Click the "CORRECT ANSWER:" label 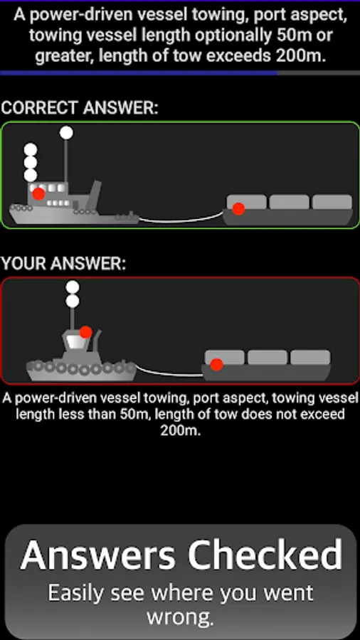[x=79, y=108]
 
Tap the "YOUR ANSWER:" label [x=63, y=263]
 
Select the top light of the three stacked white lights [x=31, y=150]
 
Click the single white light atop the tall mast [x=66, y=133]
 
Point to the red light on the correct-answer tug [x=39, y=194]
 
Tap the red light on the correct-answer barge [x=238, y=209]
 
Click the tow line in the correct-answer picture [x=181, y=219]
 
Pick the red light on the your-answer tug [x=85, y=332]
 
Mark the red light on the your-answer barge [x=217, y=365]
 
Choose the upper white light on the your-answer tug [x=73, y=287]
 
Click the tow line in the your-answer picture [x=169, y=372]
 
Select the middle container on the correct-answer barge [x=290, y=202]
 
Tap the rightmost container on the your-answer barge [x=311, y=357]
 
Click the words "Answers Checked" [x=181, y=555]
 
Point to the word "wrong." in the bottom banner [x=181, y=618]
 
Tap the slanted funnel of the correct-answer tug [x=95, y=191]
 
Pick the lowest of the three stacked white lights [x=31, y=176]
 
